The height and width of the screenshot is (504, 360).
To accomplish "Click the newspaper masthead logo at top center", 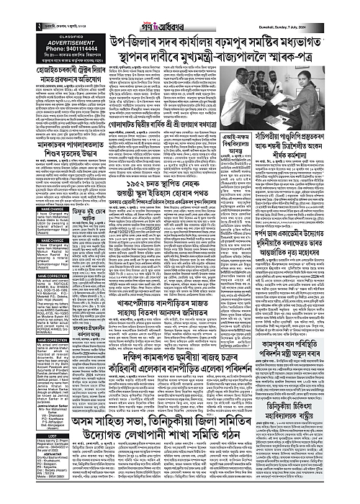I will click(179, 7).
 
